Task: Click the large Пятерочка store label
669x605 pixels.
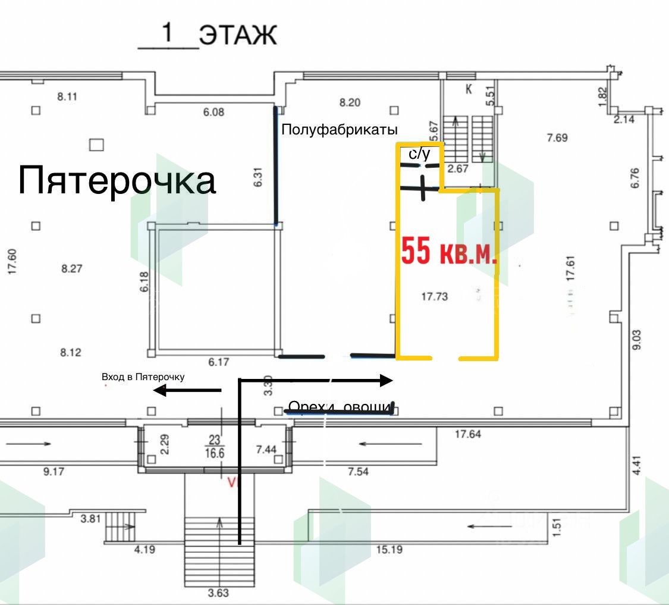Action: coord(117,180)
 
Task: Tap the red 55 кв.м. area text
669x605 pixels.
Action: coord(449,251)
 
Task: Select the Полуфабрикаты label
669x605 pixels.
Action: coord(339,129)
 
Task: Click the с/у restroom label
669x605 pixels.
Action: coord(419,154)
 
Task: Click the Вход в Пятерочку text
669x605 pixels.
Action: coord(143,377)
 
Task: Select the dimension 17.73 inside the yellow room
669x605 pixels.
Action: coord(434,296)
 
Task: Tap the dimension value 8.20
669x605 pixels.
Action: coord(350,102)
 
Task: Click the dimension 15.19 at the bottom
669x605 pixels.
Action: coord(389,550)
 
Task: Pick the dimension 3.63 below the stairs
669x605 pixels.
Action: coord(219,593)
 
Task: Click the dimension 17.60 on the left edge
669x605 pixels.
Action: coord(12,262)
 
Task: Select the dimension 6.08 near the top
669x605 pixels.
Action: coord(213,111)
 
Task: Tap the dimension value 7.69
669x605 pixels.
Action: coord(557,137)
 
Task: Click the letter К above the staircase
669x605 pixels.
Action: coord(469,90)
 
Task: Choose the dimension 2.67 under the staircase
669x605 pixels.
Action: coord(458,169)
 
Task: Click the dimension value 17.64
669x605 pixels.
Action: coord(467,434)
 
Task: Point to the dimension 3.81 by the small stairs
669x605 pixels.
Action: coord(90,518)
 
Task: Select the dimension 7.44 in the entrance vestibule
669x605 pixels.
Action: coord(266,450)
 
